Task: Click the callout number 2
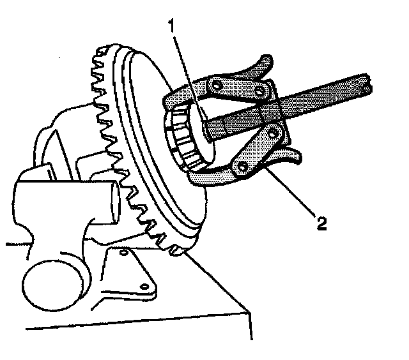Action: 322,224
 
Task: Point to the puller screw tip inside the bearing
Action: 208,131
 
